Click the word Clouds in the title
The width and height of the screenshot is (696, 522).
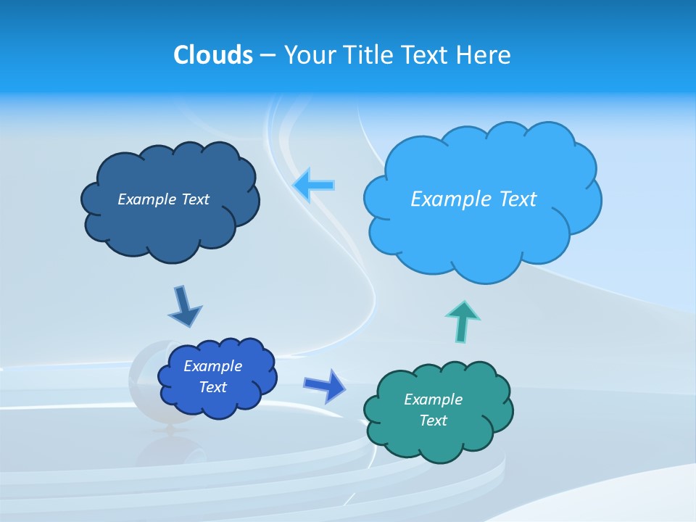point(213,54)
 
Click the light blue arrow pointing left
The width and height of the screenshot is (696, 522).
point(314,186)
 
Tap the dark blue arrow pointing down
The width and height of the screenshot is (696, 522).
point(184,307)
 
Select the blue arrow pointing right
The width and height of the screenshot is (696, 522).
point(326,385)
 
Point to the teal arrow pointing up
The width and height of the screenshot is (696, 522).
point(462,320)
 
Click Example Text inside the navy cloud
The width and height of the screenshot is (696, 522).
point(163,199)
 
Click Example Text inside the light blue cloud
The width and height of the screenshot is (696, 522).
point(473,199)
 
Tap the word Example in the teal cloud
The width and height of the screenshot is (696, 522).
point(433,399)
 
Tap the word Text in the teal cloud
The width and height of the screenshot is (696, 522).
point(433,420)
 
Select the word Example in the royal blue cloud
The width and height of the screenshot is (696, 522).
point(212,366)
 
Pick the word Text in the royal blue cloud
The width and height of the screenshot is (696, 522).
point(212,387)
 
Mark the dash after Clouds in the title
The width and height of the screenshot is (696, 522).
point(268,55)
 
